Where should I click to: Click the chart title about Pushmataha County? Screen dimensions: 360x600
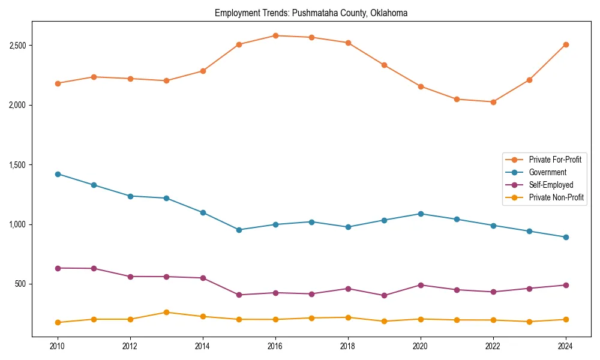pos(311,13)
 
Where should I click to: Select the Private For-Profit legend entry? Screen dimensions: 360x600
pos(554,160)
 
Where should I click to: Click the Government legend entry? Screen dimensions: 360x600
pos(547,172)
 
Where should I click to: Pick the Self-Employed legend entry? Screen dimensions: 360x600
pos(551,185)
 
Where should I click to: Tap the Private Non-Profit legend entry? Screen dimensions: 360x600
pos(556,197)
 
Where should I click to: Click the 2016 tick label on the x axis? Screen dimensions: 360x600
pos(275,346)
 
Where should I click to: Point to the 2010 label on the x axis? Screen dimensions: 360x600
pos(58,346)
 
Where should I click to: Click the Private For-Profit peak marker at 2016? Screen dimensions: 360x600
pos(275,35)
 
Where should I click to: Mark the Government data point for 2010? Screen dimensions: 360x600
pos(58,174)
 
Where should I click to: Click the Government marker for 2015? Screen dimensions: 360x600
pos(239,230)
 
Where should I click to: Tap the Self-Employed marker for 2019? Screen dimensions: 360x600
pos(384,295)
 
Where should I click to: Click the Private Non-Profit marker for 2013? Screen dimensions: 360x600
pos(166,312)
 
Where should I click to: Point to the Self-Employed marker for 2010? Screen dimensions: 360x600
pos(58,268)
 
